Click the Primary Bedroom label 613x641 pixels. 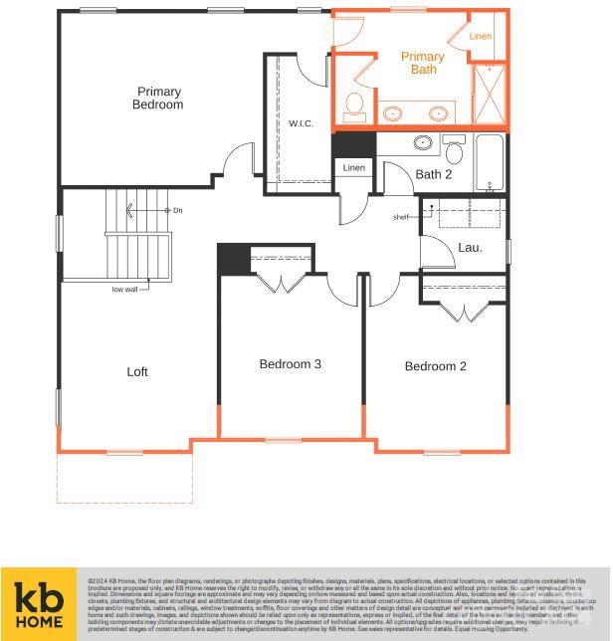pos(158,98)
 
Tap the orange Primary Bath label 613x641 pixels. pos(423,63)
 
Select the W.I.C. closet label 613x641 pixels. pos(301,123)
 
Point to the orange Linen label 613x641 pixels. pos(480,36)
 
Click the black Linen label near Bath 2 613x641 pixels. pos(354,168)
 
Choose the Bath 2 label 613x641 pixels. pos(434,175)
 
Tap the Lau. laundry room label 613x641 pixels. pos(470,247)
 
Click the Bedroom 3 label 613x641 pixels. pos(290,364)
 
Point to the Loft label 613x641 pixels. pos(137,371)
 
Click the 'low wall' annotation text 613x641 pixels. pos(124,290)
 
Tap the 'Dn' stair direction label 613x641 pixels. pos(177,210)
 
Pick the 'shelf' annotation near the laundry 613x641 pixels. pos(401,217)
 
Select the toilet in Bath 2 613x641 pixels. pos(454,150)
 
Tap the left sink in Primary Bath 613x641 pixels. pos(395,113)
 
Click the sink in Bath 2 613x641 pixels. pos(424,142)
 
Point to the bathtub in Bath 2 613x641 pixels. pos(491,162)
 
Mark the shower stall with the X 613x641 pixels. pos(489,95)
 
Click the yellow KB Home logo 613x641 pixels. pos(39,603)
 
